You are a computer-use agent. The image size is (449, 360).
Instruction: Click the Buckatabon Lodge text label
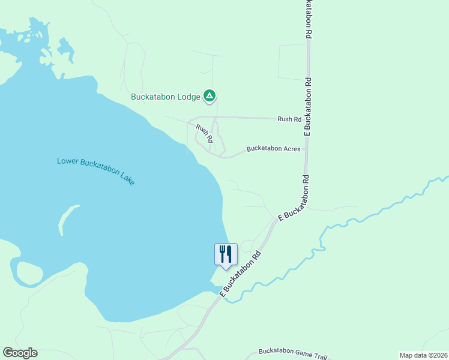166,96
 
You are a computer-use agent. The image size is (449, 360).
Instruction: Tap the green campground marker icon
209,95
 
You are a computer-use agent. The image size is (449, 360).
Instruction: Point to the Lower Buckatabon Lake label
96,170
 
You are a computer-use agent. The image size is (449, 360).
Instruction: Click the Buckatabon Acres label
273,148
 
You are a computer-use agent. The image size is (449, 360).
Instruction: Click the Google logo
20,353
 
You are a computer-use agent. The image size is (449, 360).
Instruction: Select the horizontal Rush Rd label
289,119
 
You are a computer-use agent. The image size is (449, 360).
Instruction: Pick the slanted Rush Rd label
205,133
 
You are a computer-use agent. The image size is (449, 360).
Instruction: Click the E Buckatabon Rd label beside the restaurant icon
242,273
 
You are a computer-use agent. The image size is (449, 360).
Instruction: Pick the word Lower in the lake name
67,161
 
